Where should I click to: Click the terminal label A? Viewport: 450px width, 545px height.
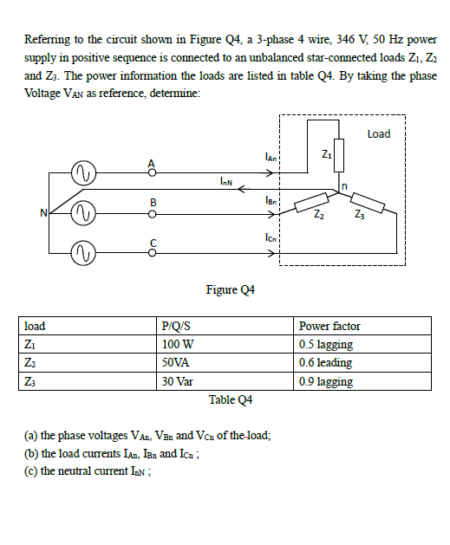153,162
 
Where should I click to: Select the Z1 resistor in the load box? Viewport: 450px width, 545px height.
339,158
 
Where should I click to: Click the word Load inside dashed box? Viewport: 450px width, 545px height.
379,133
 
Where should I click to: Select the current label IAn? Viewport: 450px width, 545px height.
271,157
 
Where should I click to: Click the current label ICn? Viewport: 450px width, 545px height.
271,237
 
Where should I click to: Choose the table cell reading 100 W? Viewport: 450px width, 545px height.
177,344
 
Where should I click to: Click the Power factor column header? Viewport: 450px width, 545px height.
329,326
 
